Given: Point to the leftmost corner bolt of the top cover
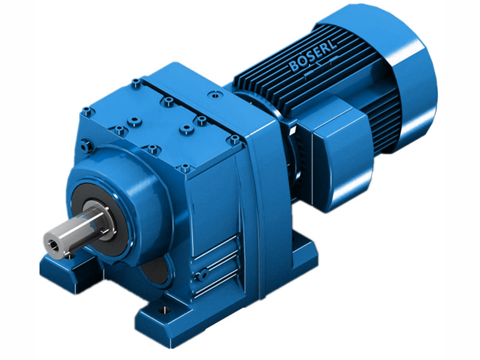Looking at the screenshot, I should [88, 110].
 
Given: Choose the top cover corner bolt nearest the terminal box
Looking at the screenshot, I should [235, 139].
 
